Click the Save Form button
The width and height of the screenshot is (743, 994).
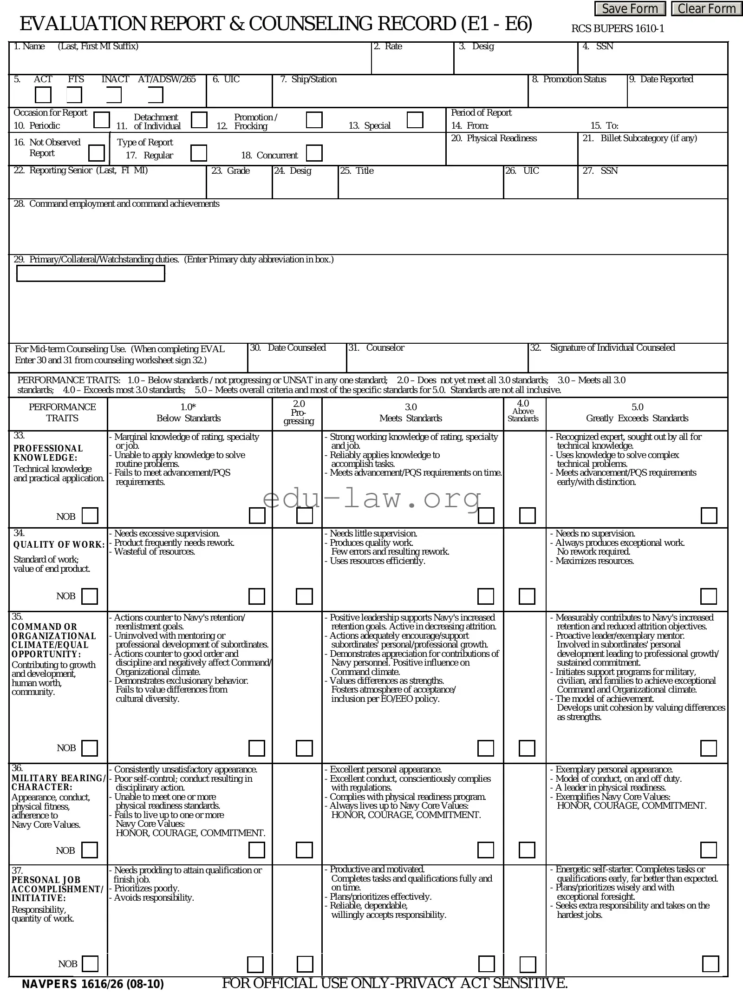coord(630,9)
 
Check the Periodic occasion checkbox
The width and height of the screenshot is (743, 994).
coord(102,120)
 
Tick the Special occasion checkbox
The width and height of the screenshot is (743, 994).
coord(415,120)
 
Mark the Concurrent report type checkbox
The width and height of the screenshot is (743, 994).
coord(314,153)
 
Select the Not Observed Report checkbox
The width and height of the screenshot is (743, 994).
coord(97,153)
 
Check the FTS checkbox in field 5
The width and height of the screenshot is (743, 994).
coord(74,95)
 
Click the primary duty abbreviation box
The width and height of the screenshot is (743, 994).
coord(91,274)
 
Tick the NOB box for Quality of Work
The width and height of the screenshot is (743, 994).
coord(90,596)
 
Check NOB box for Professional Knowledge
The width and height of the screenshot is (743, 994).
coord(90,516)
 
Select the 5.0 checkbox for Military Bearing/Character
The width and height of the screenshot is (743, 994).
coord(708,850)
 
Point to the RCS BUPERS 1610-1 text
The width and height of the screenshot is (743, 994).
coord(617,29)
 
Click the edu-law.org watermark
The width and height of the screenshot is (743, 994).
coord(371,499)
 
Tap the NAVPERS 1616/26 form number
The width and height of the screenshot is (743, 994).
coord(93,984)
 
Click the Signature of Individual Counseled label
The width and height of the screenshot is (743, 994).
coord(612,348)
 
